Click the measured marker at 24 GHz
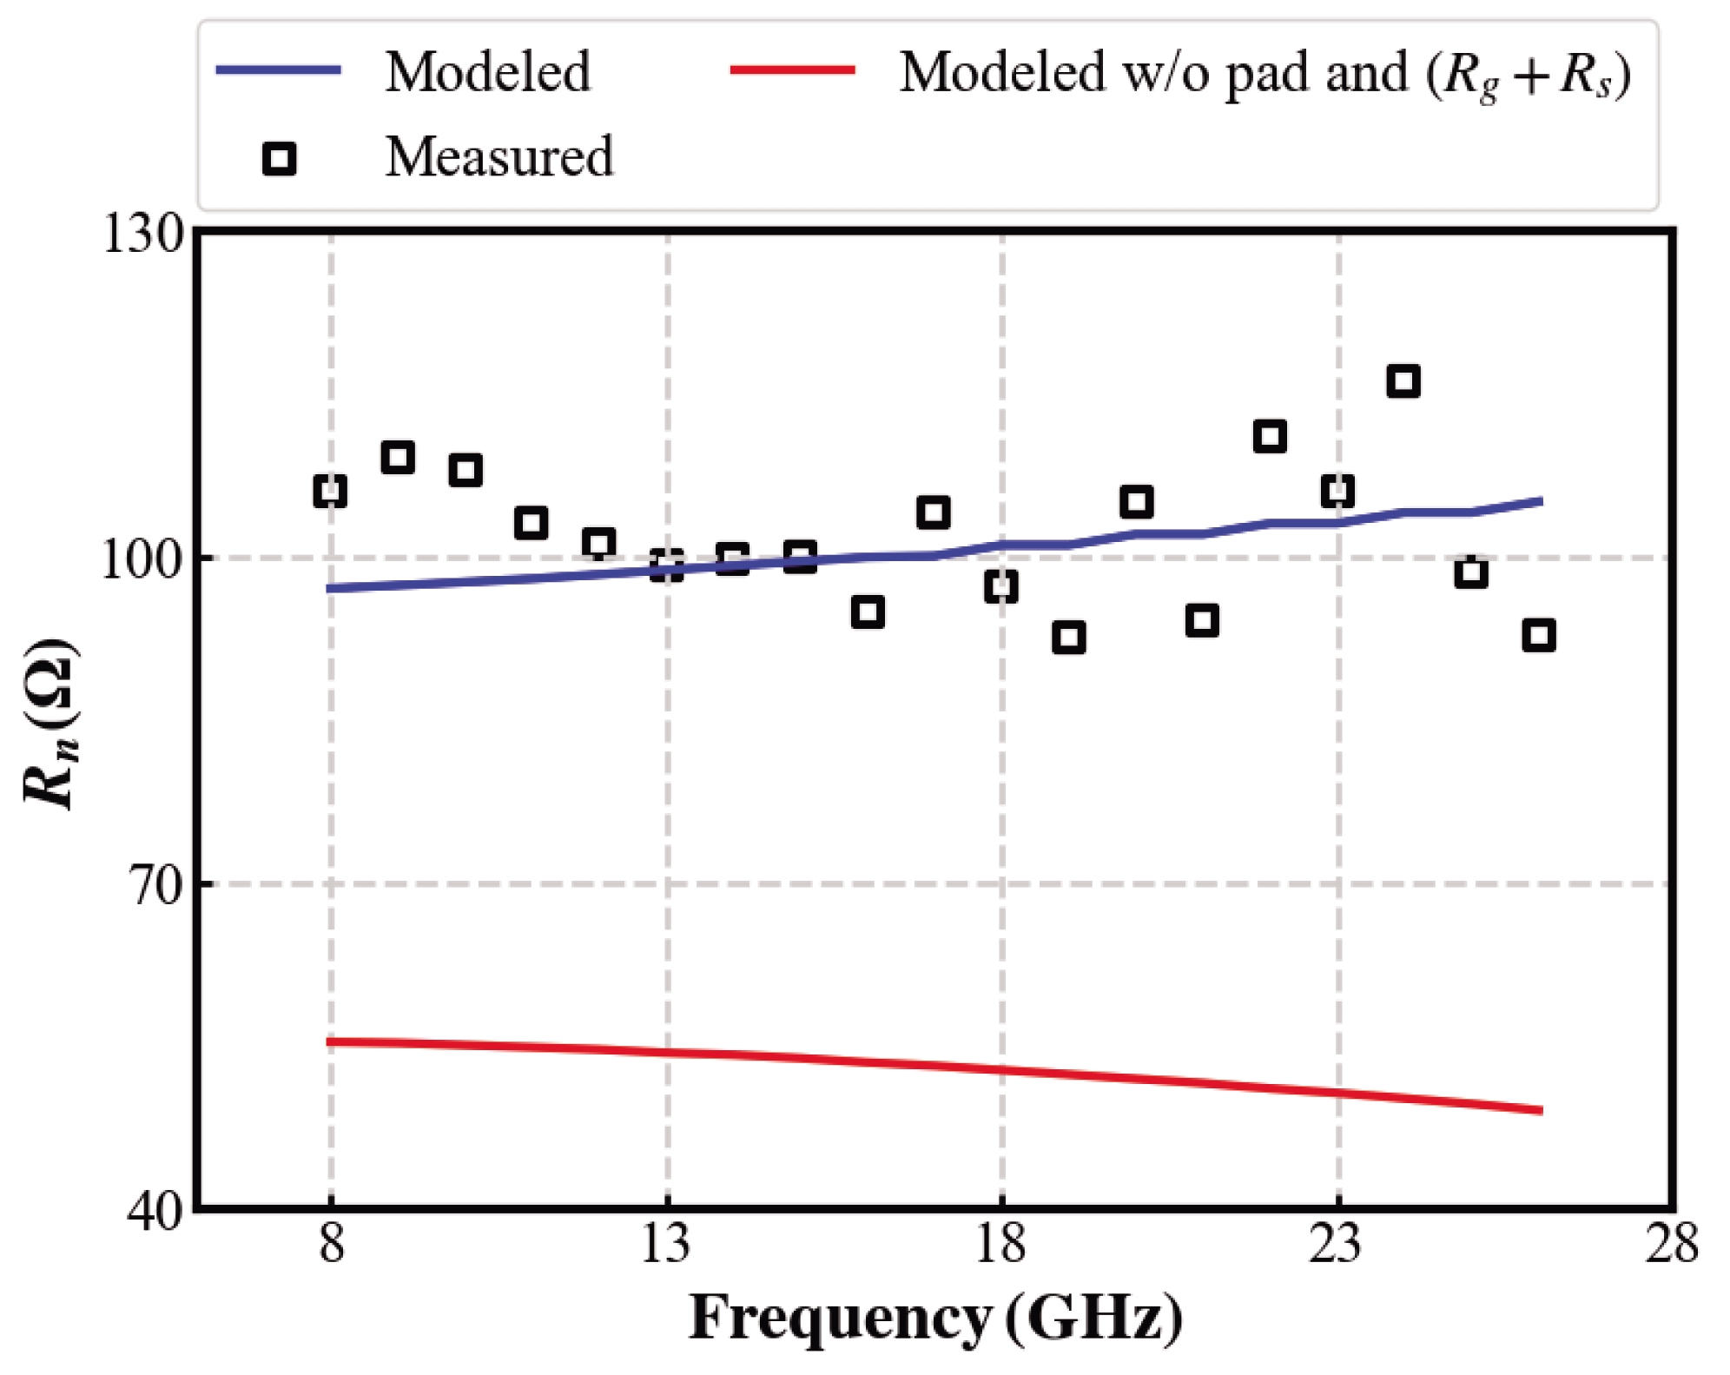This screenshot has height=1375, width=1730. click(1403, 381)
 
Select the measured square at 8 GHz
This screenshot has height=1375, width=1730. click(330, 491)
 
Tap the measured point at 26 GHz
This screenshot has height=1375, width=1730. click(1538, 636)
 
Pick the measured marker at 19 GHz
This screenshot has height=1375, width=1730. click(1068, 638)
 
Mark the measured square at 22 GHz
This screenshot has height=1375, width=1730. click(1270, 436)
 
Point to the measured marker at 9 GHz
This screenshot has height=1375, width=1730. click(398, 457)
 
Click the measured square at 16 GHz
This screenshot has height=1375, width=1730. click(868, 611)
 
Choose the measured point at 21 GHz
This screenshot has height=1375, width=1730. click(1202, 620)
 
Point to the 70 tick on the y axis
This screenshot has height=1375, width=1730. click(157, 885)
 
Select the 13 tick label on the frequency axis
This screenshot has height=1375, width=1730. click(666, 1244)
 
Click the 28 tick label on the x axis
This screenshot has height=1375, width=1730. click(1671, 1244)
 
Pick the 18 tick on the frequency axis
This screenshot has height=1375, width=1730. click(1001, 1244)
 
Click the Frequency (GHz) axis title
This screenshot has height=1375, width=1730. click(935, 1318)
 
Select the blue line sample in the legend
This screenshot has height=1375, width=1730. click(278, 70)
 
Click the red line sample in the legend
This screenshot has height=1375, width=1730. click(792, 70)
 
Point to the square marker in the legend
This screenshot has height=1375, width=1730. click(279, 159)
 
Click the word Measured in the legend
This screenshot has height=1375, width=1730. click(499, 157)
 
